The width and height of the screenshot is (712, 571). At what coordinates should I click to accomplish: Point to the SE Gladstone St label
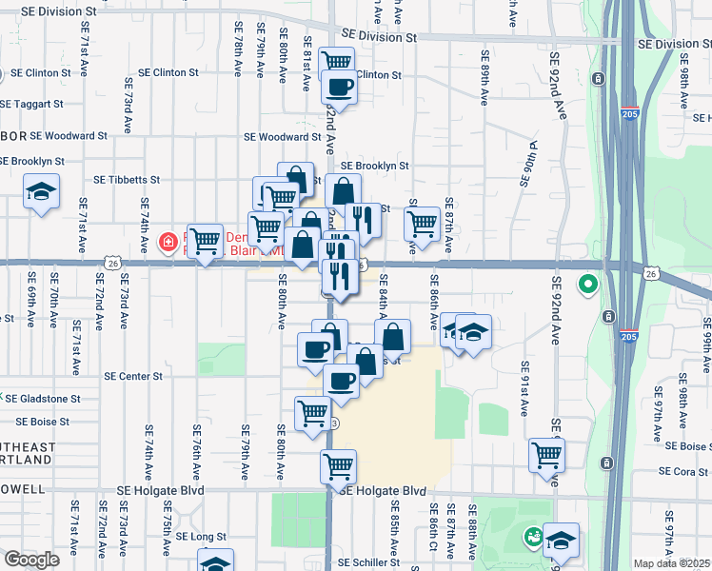[x=43, y=399]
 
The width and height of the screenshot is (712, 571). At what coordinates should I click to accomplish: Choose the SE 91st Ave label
[x=524, y=388]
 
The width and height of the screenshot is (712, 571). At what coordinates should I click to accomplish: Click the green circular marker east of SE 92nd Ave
[x=588, y=284]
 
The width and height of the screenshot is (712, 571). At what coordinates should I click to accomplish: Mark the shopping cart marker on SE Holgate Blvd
[x=338, y=467]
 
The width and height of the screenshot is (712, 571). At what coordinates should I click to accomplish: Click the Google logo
[x=32, y=560]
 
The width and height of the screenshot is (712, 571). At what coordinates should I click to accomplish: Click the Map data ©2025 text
[x=672, y=563]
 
